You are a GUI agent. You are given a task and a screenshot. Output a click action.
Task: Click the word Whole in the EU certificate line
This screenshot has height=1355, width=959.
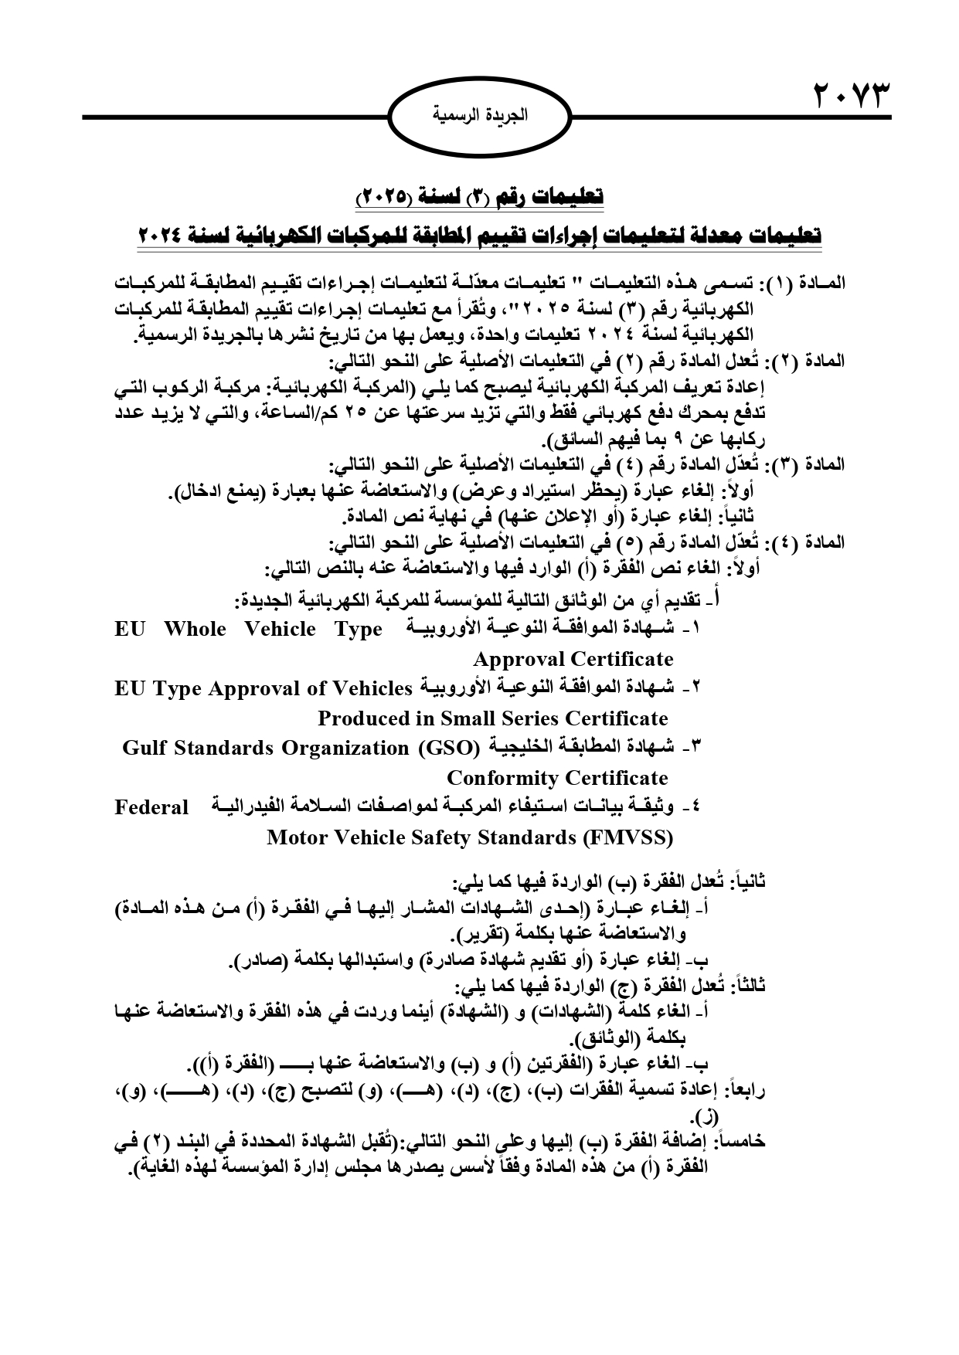[195, 629]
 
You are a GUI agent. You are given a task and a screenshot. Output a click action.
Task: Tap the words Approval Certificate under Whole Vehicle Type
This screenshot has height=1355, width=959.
[573, 659]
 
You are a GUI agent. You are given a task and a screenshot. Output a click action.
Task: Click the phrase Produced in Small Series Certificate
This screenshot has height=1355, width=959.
[492, 718]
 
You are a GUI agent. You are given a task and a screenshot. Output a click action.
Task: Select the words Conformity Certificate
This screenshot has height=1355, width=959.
[557, 778]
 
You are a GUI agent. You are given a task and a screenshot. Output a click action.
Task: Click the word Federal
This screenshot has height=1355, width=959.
[151, 808]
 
